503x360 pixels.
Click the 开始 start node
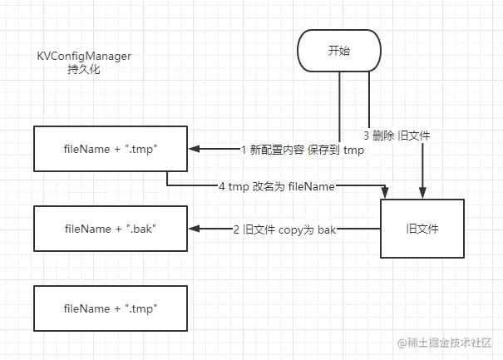pos(339,52)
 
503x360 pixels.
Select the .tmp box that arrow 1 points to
pos(111,150)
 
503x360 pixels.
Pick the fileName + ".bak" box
pos(111,227)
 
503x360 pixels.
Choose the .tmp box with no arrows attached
pos(111,308)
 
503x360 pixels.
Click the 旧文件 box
pos(422,227)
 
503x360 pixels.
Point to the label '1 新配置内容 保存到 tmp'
pos(302,150)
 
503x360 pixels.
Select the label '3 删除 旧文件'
pos(397,134)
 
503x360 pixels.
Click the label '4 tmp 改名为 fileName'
pos(276,188)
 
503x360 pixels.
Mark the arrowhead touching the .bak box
pos(195,227)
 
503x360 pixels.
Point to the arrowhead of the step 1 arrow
pos(195,150)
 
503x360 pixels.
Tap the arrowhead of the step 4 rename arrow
pos(384,194)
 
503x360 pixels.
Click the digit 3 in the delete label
pos(367,134)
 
